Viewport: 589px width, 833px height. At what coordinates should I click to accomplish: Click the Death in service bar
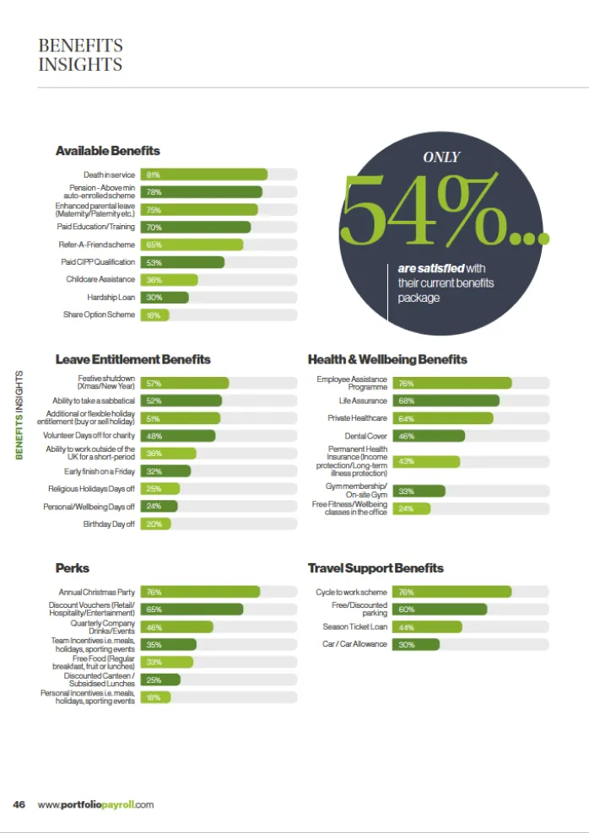(203, 175)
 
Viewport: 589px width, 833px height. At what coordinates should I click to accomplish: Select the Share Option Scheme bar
(154, 314)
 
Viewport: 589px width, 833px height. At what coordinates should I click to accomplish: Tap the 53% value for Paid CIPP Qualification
(154, 262)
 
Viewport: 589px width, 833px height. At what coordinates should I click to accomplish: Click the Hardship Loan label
(111, 297)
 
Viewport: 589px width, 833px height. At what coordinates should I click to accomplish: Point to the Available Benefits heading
(107, 151)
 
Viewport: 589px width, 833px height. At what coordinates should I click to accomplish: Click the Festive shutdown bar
(184, 383)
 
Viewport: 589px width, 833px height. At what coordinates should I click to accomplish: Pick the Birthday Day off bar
(155, 524)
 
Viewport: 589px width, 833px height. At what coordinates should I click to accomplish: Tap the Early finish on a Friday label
(100, 471)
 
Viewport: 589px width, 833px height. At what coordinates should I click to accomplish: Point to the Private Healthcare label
(357, 418)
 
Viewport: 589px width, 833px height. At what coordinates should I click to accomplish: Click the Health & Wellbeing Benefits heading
(386, 360)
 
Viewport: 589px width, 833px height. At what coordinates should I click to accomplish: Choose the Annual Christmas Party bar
(200, 592)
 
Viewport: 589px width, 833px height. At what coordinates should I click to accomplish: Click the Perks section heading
(72, 568)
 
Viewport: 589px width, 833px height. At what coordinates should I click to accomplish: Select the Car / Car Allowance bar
(416, 644)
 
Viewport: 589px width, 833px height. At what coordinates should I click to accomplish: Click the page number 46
(19, 804)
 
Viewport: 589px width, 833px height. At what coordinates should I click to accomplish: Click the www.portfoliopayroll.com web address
(95, 804)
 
